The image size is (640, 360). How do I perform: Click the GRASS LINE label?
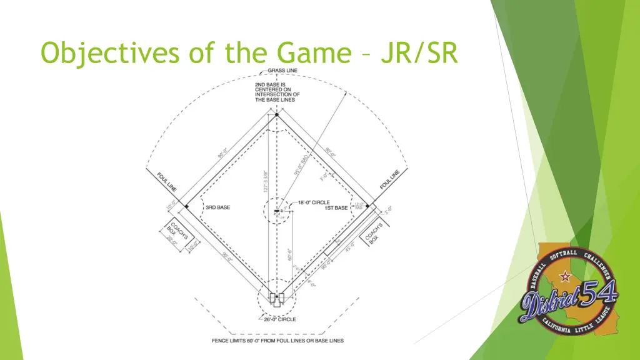(282, 71)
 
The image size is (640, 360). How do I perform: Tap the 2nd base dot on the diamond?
(276, 115)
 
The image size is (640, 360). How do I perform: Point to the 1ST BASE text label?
(336, 208)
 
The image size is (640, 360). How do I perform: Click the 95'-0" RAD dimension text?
(301, 164)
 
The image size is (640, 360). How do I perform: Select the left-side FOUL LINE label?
(167, 181)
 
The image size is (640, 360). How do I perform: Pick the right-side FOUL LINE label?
(389, 181)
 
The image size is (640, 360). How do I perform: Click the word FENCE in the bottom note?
(219, 341)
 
